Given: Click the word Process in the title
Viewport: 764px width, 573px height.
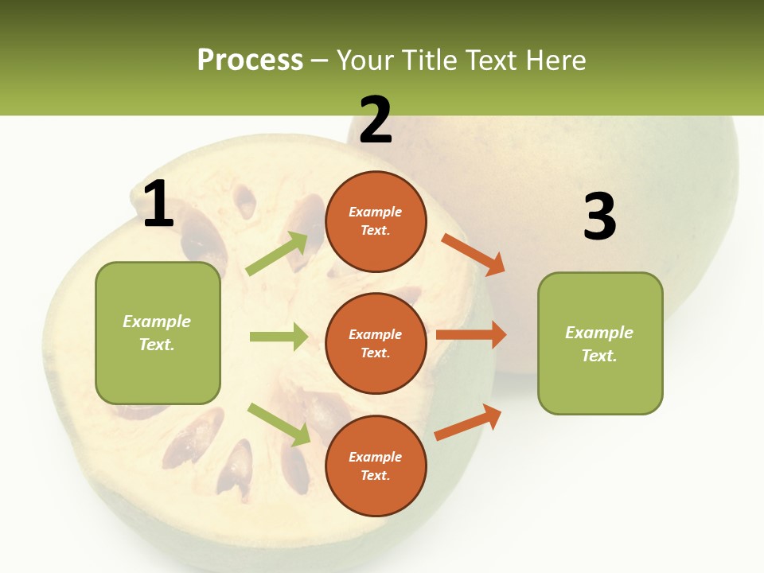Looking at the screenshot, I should pos(250,60).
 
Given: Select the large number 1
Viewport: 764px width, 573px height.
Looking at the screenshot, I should pos(158,205).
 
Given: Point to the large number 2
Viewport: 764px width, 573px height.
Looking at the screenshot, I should pos(376,120).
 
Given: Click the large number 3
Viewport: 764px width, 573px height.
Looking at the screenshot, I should pos(599,217).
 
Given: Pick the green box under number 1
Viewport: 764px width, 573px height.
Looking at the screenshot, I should pos(158,333).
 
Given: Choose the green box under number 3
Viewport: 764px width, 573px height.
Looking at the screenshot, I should pos(600,343).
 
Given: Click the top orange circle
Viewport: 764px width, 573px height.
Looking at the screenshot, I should pos(376,221).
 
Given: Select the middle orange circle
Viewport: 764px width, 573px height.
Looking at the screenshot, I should pos(376,343).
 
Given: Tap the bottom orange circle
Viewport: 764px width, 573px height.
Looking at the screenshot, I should pos(376,466).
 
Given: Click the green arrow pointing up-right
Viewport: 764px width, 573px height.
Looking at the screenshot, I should pos(278,253).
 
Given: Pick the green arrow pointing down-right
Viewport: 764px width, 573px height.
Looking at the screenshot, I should pos(279,424).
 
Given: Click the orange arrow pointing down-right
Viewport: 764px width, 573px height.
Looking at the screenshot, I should pos(473,254).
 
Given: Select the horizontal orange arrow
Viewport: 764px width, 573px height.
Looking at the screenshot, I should pos(471,335).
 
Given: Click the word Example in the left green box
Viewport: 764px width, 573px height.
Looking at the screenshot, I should pos(157,322).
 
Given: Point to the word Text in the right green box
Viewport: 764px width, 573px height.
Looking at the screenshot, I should pos(598,356).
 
